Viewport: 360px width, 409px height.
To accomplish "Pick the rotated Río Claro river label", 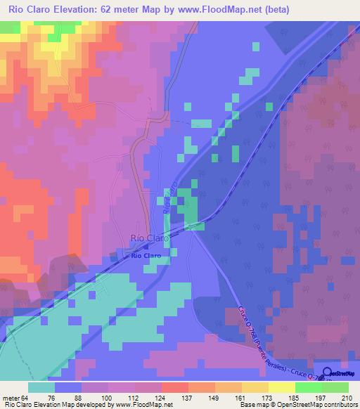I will [169, 200].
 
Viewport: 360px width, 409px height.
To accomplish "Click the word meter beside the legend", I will [12, 398].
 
